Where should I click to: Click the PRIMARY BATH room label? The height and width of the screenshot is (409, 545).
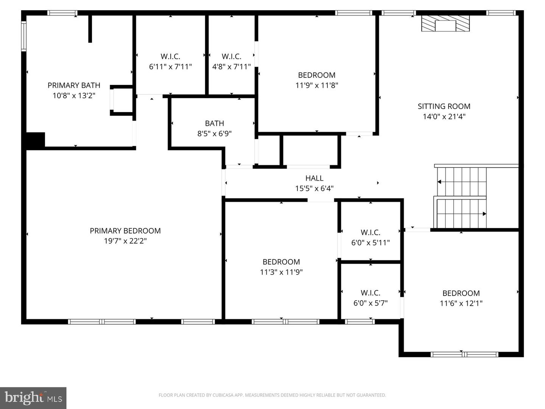point(74,85)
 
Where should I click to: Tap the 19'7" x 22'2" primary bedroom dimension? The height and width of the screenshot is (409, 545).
point(125,241)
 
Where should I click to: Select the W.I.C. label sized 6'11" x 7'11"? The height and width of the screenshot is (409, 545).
point(170,56)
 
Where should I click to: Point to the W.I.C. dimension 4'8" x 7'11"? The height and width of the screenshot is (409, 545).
point(231,67)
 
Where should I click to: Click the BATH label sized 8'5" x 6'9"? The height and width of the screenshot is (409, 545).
point(214,123)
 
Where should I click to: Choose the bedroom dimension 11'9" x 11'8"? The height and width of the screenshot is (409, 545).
point(316,85)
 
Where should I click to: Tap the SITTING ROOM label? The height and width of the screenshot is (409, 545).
point(444,106)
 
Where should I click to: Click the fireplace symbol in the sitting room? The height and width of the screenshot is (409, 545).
point(445,23)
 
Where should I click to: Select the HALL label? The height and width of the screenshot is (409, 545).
point(314,178)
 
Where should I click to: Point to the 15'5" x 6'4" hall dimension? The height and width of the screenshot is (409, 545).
point(314,188)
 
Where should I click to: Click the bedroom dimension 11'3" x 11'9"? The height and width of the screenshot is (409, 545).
point(281,272)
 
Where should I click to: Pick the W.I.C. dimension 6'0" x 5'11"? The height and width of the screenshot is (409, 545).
point(370,243)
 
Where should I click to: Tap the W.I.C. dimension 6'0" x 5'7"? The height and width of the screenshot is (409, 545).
point(370,303)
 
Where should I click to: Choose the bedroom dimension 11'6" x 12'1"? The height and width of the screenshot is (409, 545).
point(461,303)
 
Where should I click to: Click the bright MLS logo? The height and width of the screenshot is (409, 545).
point(33,398)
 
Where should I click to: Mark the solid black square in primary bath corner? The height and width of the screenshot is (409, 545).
point(35,139)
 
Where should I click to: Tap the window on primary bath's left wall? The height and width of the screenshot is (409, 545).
point(23,36)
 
